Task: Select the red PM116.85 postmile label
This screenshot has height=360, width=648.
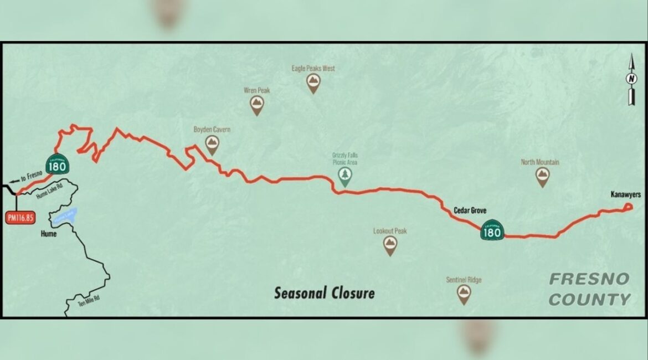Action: coord(20,218)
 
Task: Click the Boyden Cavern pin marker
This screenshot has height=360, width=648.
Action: coord(212,145)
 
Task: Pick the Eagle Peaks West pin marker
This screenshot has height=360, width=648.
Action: coord(313,83)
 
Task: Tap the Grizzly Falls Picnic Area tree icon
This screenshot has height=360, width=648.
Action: coord(345,176)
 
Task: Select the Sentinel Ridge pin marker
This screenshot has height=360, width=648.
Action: coord(464,294)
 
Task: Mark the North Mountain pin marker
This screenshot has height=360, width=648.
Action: coord(542,177)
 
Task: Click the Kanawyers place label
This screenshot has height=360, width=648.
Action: coord(625,194)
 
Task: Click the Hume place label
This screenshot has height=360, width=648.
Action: coord(49,234)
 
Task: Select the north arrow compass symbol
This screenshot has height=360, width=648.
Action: coord(630,79)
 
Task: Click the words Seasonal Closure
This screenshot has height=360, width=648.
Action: coord(324,292)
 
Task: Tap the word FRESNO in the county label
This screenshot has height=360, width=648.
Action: coord(589,279)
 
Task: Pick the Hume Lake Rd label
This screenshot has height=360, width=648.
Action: coord(52,191)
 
